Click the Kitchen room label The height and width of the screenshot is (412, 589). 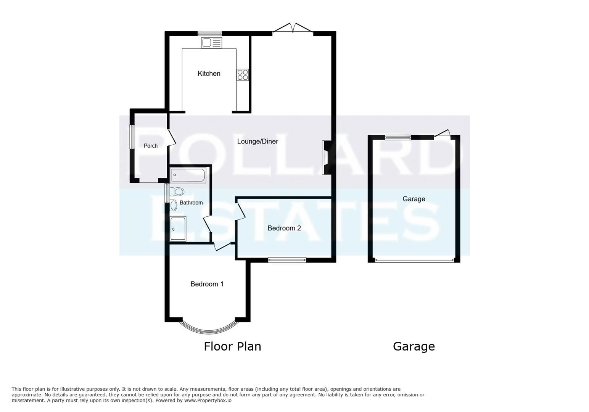pos(209,74)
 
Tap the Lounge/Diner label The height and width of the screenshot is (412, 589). pos(257,142)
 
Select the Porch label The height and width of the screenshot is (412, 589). pos(151,146)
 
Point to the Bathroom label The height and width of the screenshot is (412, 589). pos(191,203)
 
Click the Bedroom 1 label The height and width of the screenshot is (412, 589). pos(207,284)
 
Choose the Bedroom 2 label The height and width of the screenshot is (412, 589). pos(284,228)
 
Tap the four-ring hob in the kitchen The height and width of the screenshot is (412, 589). pos(243,74)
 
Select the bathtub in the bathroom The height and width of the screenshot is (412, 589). pos(188,175)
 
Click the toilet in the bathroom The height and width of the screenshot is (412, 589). pos(177,192)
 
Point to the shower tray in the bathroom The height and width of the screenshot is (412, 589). pos(178,229)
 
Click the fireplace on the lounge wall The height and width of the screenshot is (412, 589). pos(325,158)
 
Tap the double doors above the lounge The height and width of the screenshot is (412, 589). pos(293,29)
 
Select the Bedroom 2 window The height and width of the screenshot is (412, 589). pos(287,260)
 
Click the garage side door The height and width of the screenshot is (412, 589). pos(443,134)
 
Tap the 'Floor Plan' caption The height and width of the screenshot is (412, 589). pos(232,346)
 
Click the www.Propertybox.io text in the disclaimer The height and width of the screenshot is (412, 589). pos(208,401)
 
